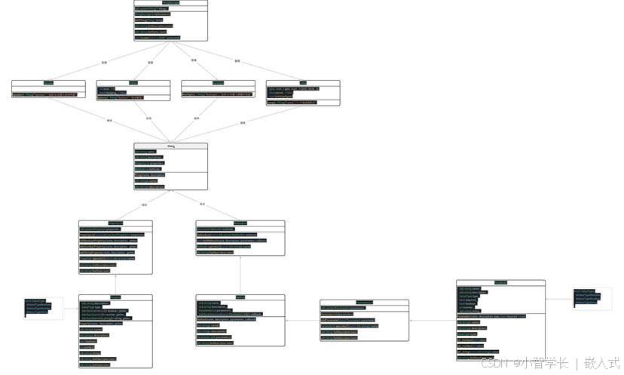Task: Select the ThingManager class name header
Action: click(170, 3)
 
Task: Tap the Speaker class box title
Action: click(48, 82)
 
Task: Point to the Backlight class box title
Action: click(218, 82)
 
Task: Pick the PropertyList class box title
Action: click(115, 223)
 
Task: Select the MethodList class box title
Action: click(240, 223)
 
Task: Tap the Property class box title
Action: click(115, 297)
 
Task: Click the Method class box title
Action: click(240, 297)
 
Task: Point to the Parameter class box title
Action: click(500, 282)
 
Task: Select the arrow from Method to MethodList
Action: click(240, 275)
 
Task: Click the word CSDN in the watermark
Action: click(493, 363)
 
